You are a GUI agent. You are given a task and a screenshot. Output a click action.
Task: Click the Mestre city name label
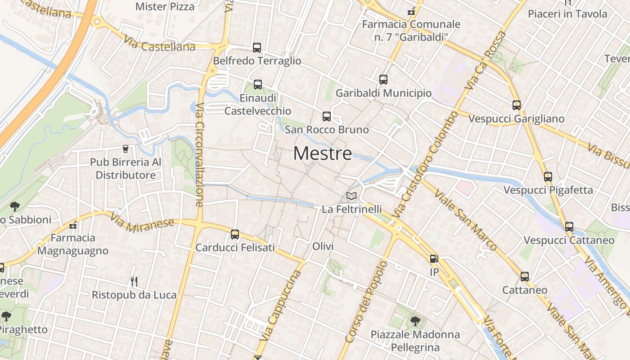coord(322,153)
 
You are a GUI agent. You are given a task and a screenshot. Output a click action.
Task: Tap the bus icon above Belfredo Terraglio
coord(257,48)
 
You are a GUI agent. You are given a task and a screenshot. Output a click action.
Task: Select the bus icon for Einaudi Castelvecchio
coord(258,85)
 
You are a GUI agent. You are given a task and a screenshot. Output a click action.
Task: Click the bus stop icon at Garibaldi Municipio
coord(383,80)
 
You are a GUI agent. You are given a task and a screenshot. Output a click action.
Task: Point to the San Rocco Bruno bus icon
coord(327,117)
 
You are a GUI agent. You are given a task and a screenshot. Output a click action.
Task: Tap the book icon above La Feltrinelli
coord(351,196)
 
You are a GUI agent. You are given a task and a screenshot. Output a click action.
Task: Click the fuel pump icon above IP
coord(434,259)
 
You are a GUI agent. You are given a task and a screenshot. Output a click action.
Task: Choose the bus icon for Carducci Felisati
coord(235,234)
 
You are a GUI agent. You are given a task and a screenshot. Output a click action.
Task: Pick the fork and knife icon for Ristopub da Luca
coord(134,282)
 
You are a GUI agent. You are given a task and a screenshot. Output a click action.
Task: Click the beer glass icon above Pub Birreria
coord(126,149)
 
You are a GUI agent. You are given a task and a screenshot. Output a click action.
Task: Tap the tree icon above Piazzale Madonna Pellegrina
coord(415,321)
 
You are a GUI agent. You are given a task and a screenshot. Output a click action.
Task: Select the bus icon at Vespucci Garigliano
coord(517,106)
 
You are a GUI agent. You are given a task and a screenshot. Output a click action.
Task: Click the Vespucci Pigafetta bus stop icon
coord(548,177)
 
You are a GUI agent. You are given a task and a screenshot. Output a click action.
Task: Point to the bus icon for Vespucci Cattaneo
coord(569,227)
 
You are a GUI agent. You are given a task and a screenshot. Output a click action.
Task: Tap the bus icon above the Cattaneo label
coord(525,277)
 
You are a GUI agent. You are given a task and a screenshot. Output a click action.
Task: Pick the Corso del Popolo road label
coord(366,301)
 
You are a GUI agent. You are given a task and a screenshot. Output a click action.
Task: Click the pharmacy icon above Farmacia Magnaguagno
coord(73,225)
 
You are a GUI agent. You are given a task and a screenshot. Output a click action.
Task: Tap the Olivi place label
coord(323,246)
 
